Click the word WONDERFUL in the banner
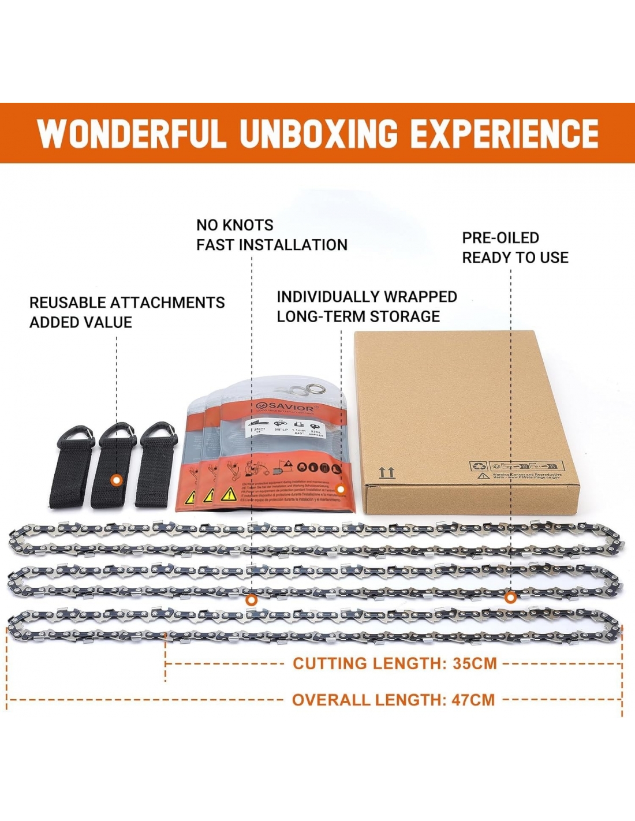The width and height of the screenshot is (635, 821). tap(130, 133)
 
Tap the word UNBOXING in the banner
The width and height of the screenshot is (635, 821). tap(319, 133)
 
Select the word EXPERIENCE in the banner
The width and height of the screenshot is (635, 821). tap(504, 133)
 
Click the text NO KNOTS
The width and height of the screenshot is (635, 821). tap(234, 225)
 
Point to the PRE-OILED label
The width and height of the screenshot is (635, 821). tap(500, 238)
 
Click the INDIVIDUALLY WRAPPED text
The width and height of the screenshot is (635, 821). tap(367, 297)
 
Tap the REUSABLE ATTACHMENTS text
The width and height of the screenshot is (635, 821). tap(127, 303)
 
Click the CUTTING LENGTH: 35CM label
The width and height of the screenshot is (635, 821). tap(394, 663)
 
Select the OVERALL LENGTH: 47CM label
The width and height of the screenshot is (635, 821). tap(393, 700)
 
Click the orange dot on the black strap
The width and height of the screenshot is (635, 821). tap(117, 480)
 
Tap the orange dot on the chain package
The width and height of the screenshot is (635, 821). tap(341, 490)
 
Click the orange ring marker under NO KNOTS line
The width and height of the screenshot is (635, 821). tap(251, 600)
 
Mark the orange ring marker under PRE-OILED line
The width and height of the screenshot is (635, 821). tap(510, 598)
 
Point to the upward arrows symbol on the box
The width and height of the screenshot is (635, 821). tap(386, 473)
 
